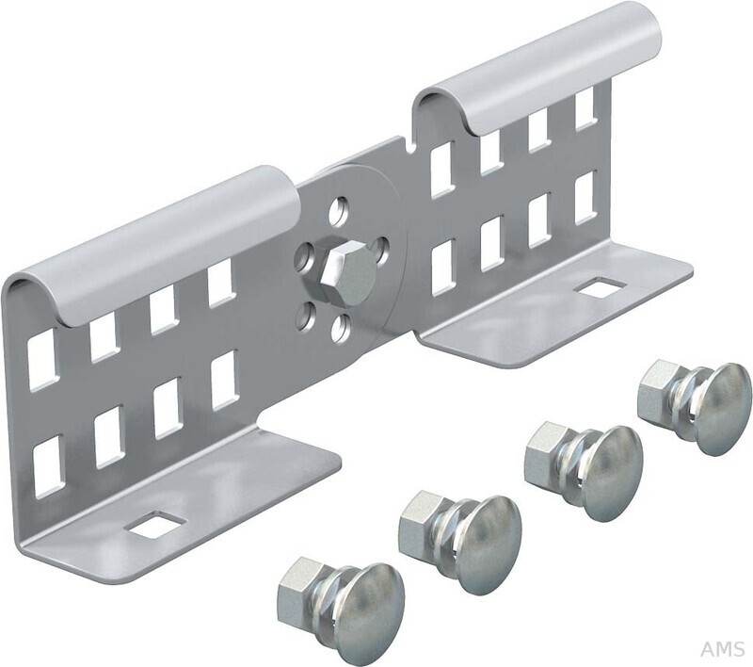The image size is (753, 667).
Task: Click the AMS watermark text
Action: pyautogui.click(x=723, y=649)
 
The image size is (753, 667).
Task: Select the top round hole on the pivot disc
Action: pyautogui.click(x=339, y=209)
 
